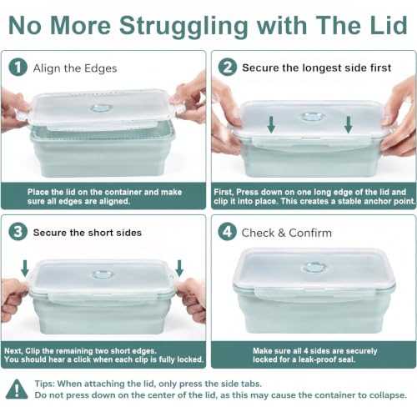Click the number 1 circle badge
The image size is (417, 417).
(x=18, y=68)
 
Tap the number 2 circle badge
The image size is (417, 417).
(x=228, y=68)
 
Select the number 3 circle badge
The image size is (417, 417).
(x=18, y=232)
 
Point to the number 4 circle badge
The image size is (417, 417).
(x=228, y=232)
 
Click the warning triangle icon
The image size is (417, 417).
(x=17, y=389)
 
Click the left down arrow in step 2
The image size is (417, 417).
(x=271, y=124)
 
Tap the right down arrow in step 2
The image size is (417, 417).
(x=349, y=124)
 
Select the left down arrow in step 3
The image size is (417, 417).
(x=25, y=269)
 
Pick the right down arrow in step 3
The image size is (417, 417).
(x=179, y=269)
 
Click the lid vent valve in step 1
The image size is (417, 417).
(x=102, y=108)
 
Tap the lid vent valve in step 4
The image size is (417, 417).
(x=314, y=268)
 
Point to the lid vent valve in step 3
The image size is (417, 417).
(x=103, y=274)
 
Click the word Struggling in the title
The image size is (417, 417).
(x=183, y=27)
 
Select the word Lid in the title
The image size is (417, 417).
(x=389, y=25)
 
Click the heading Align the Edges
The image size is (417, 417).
(x=75, y=68)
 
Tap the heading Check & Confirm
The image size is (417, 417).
(x=287, y=233)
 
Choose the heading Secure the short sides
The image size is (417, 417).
(x=88, y=233)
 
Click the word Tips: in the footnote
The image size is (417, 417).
(x=44, y=384)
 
